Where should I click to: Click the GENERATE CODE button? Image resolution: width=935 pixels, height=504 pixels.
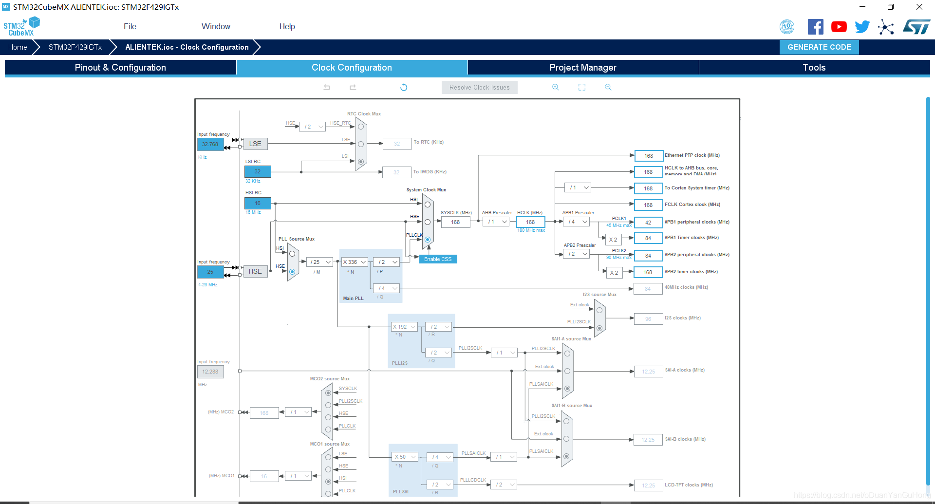(819, 47)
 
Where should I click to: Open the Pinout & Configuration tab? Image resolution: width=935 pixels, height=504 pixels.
(120, 68)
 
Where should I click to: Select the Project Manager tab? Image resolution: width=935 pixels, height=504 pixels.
(582, 68)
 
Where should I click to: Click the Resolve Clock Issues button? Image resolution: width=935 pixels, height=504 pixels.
(479, 88)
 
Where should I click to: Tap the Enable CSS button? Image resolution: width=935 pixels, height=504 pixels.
(438, 259)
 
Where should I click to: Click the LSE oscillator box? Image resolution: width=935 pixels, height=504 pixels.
(255, 144)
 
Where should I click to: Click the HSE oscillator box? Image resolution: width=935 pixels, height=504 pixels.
(255, 272)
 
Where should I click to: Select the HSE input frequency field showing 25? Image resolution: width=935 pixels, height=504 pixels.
(210, 272)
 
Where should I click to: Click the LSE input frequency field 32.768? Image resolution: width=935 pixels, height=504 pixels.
(210, 145)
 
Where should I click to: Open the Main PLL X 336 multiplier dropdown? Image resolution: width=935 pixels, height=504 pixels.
(354, 262)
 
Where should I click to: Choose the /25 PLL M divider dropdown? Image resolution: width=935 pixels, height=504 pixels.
(320, 262)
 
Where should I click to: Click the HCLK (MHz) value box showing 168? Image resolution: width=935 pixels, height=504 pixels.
(530, 222)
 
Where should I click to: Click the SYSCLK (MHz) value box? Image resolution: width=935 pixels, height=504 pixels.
(455, 222)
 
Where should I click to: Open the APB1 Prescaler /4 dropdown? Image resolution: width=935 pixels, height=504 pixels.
(577, 222)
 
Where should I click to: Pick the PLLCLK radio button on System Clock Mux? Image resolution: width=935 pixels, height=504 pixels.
(428, 240)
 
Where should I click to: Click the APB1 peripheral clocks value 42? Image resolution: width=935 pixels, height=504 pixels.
(648, 223)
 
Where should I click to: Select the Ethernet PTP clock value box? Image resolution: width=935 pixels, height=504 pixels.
(649, 156)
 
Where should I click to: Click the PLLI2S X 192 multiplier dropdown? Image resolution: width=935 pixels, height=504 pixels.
(404, 327)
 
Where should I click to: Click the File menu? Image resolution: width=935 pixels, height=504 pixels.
(130, 27)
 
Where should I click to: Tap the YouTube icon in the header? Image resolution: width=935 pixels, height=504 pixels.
(839, 27)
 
